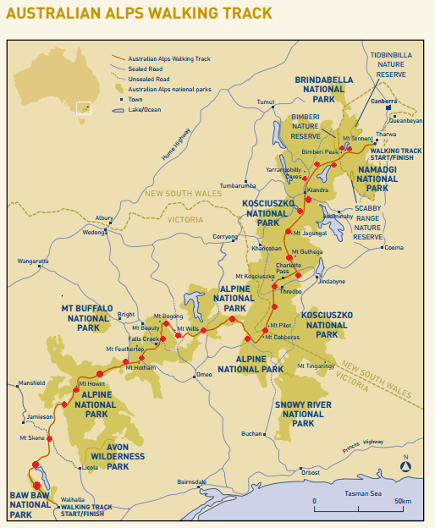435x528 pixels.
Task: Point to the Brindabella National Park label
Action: pos(323,89)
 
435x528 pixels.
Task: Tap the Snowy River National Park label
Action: pos(303,414)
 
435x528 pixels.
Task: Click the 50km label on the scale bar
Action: pos(403,502)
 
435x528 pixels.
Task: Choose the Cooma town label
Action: pos(394,248)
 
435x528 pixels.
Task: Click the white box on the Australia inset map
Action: pos(83,108)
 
